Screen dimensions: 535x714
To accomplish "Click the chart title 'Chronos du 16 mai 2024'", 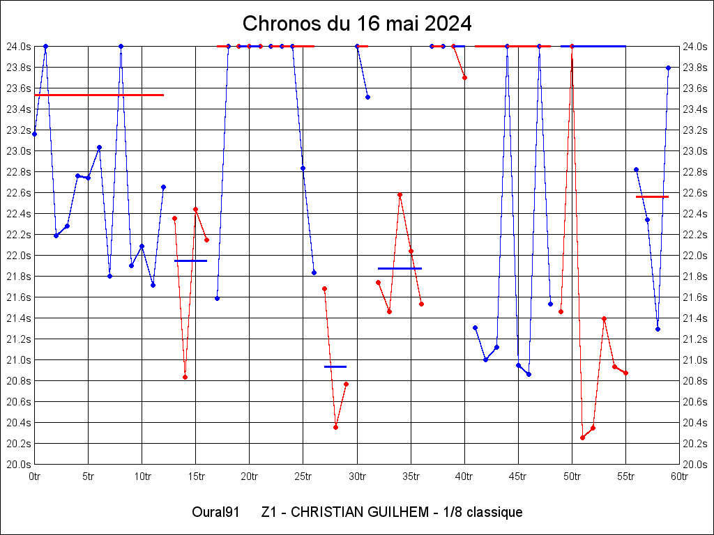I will point(357,24).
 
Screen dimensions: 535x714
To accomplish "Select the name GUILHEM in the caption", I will point(393,513).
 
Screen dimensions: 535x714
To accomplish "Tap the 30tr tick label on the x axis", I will point(357,476).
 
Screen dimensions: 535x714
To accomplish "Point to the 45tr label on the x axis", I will point(518,476).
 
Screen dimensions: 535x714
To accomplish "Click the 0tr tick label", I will point(35,476).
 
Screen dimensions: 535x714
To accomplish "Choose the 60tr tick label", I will point(680,476).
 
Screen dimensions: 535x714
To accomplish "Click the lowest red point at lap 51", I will point(582,437).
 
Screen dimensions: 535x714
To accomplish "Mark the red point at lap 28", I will point(335,427).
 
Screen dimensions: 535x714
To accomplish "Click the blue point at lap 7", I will point(109,276).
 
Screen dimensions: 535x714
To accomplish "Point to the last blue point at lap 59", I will point(668,68).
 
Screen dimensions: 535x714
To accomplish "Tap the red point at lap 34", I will point(400,195).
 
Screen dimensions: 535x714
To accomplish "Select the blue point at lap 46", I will point(529,374).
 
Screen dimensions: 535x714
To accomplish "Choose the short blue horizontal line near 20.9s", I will point(335,366).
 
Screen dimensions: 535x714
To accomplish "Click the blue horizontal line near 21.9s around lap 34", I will point(400,268).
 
